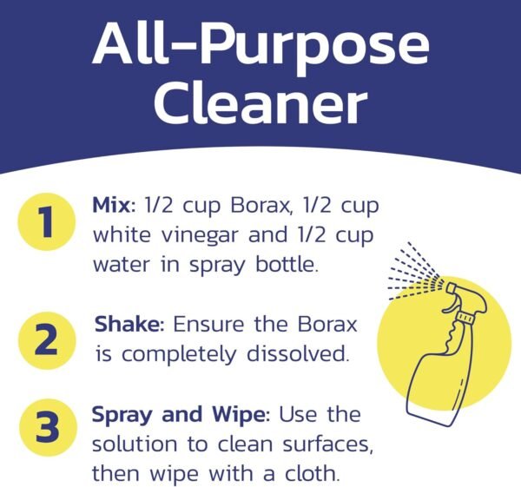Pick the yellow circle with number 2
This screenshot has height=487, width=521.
pos(44,339)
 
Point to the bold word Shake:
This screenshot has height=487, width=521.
pos(130,325)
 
